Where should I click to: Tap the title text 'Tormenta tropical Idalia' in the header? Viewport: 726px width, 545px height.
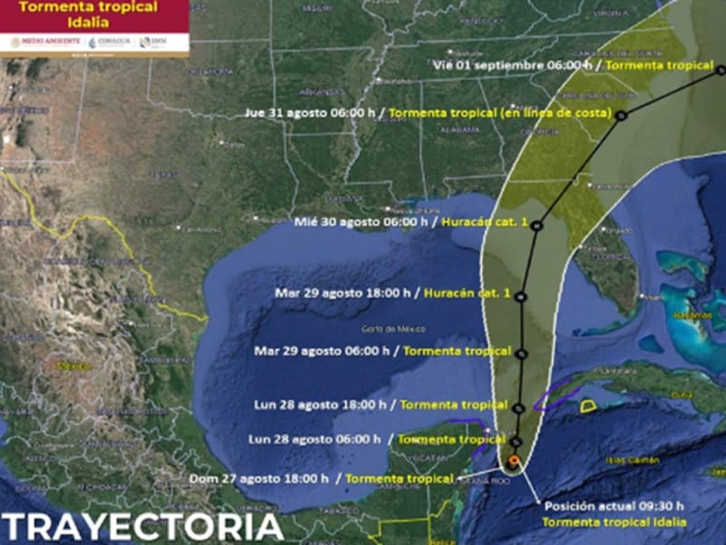[x=94, y=15]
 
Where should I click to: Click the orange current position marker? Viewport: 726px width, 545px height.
[x=515, y=461]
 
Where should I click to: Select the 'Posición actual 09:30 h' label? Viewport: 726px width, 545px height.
[x=613, y=506]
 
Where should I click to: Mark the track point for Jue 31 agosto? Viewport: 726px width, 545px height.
[x=622, y=115]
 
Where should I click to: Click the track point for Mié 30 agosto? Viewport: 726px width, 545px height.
[x=537, y=225]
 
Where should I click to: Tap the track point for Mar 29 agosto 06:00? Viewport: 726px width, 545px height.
[x=524, y=352]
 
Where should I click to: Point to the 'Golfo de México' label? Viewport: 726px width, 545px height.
[x=383, y=328]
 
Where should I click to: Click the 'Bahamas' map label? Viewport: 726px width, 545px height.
[x=688, y=312]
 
